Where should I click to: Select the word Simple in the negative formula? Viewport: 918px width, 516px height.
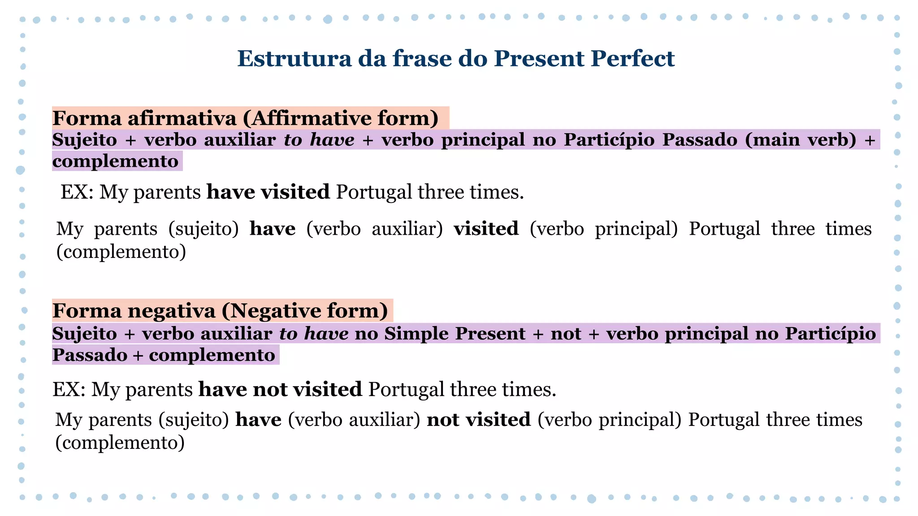pos(413,334)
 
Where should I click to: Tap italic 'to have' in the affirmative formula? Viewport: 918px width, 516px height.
pos(319,140)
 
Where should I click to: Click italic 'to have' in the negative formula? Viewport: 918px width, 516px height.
pos(314,334)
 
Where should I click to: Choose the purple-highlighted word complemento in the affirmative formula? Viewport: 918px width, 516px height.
pos(116,161)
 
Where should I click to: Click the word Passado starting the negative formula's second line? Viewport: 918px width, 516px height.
pos(90,355)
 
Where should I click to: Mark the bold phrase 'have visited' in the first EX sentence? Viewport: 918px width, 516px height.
pos(268,192)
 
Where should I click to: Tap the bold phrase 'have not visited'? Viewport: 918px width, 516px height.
pos(280,389)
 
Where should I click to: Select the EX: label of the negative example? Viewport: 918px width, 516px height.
pos(69,389)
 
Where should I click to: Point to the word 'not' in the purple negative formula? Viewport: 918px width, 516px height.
pos(566,334)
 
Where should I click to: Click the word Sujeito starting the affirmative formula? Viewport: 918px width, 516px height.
pos(85,140)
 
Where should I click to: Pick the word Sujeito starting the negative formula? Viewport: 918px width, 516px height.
pos(85,334)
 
